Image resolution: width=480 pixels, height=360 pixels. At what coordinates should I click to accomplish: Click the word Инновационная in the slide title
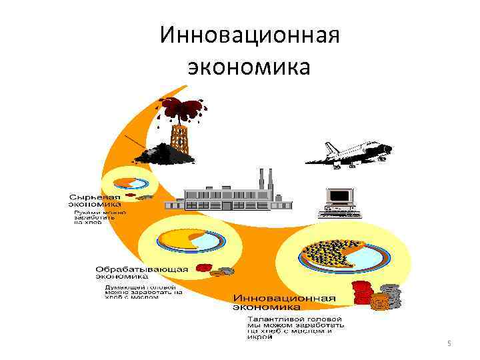coord(250,35)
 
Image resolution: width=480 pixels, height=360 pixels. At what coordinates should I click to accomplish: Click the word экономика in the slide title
coord(249,67)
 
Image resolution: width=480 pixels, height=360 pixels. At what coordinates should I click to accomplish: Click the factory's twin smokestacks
coord(265,178)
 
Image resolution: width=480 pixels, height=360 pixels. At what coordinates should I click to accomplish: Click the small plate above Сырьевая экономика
coord(130,183)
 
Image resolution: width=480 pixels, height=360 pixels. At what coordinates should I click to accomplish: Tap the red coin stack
coord(361,293)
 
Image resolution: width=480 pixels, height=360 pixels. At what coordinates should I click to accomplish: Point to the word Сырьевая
coord(95,197)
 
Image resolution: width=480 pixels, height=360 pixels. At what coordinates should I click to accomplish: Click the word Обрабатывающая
coord(142,269)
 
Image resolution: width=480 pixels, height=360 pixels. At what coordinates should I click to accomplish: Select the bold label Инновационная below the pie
coord(284,298)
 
